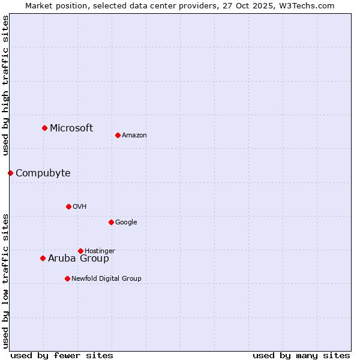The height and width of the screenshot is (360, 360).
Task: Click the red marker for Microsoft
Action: coord(44,128)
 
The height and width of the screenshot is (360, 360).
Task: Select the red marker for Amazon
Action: coord(118,135)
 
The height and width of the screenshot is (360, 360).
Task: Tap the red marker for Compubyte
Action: coord(10,173)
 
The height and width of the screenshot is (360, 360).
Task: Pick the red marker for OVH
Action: coord(68,206)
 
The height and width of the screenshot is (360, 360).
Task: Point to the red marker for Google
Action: coord(111,222)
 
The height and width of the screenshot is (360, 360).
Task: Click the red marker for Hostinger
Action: coord(80,251)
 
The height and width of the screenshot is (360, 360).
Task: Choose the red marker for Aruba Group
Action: coord(43,258)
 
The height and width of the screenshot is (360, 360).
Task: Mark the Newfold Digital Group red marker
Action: coord(67,278)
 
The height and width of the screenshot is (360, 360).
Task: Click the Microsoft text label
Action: coord(71,128)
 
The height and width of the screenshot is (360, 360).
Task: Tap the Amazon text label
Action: coord(134,135)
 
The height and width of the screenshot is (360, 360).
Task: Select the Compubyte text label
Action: coord(43,173)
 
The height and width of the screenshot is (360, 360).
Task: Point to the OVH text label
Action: coord(80,206)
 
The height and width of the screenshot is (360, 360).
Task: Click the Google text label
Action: coord(126,222)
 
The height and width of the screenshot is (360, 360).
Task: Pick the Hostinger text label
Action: coord(100,251)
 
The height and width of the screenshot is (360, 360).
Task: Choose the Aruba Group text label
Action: coord(79,258)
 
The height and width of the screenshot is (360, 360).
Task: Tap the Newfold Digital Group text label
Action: coord(106,278)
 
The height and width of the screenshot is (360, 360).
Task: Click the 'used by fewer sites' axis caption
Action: coord(62,355)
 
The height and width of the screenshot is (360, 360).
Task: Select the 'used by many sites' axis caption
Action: coord(301,355)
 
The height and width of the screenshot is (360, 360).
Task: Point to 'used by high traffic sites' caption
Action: coord(5,86)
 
